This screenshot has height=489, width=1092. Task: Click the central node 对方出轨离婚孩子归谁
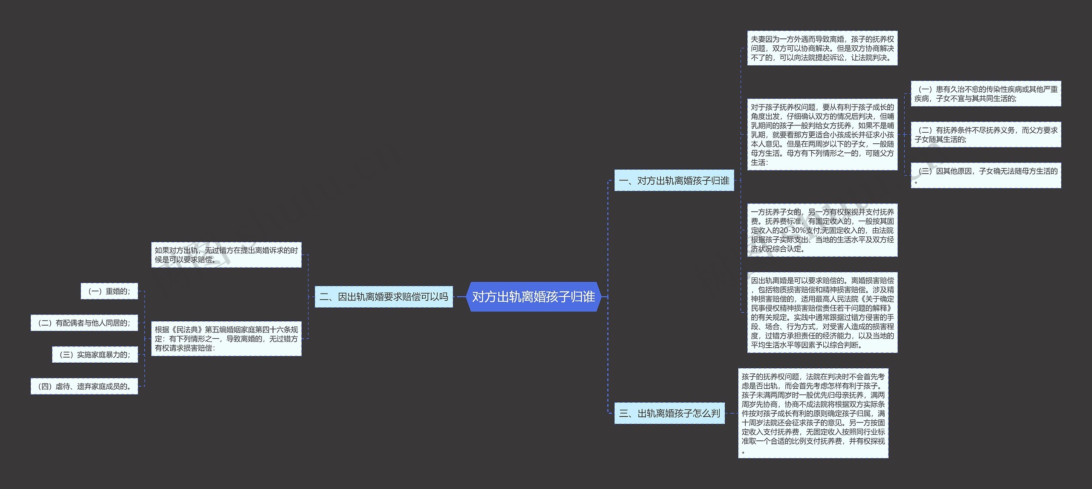click(x=533, y=297)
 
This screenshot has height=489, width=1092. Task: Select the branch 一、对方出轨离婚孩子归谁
click(x=674, y=180)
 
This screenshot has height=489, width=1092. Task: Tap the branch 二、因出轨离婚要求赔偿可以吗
click(x=383, y=297)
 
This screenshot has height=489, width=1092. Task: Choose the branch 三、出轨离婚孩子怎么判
click(x=669, y=413)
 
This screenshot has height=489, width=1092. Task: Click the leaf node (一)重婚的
click(x=109, y=291)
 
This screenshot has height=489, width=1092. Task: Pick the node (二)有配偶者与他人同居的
click(x=84, y=323)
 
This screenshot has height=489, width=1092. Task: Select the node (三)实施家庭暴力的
click(x=95, y=355)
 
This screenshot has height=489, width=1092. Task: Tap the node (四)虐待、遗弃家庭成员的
click(x=84, y=386)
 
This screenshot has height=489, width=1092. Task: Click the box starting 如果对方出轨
click(x=226, y=255)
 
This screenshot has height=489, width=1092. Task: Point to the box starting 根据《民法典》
click(x=226, y=339)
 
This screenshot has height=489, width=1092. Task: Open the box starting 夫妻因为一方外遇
click(x=822, y=48)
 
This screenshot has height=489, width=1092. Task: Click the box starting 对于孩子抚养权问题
click(x=822, y=134)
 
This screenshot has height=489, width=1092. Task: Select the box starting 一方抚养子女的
click(x=822, y=230)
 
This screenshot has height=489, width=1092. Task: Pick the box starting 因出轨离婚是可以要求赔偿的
click(x=822, y=312)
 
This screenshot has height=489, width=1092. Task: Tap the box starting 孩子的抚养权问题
click(x=813, y=413)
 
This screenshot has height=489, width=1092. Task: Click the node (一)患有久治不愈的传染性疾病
click(x=986, y=93)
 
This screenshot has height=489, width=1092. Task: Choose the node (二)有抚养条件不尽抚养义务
click(x=986, y=134)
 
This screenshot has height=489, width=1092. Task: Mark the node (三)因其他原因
click(x=986, y=175)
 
